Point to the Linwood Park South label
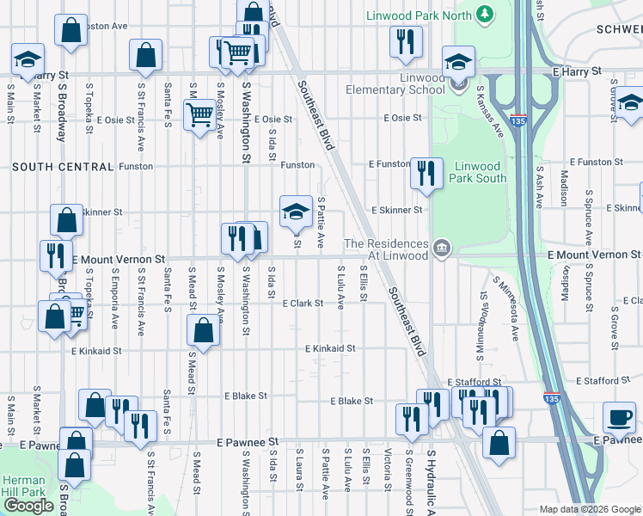pyautogui.click(x=479, y=171)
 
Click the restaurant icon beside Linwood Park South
pyautogui.click(x=426, y=173)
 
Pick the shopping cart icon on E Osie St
pyautogui.click(x=199, y=114)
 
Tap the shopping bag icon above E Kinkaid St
pyautogui.click(x=203, y=329)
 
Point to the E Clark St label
pyautogui.click(x=303, y=303)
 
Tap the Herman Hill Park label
pyautogui.click(x=23, y=486)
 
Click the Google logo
pyautogui.click(x=28, y=505)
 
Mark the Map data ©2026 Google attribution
pyautogui.click(x=590, y=509)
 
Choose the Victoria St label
pyautogui.click(x=389, y=467)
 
